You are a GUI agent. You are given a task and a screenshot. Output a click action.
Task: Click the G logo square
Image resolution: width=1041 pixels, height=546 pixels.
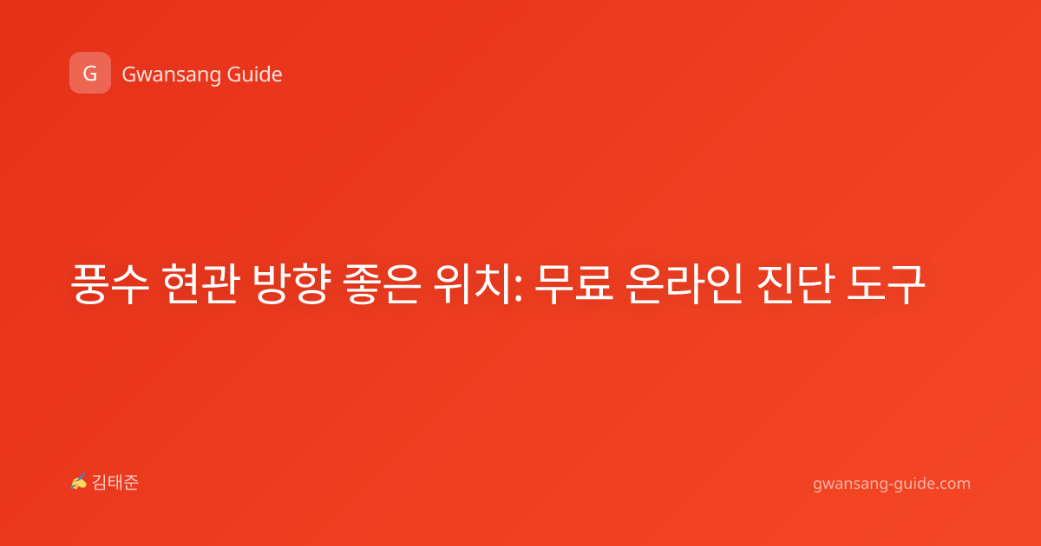90,73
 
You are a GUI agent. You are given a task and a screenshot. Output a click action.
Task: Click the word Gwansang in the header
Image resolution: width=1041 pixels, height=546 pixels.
171,75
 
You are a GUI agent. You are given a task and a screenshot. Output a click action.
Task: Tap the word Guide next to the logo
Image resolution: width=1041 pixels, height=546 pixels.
255,75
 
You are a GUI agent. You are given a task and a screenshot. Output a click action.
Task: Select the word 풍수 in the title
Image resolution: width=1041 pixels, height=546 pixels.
110,284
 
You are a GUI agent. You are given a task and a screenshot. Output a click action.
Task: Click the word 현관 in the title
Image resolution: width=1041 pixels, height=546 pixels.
200,284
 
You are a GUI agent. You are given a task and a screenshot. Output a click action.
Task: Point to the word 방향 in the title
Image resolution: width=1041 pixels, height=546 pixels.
291,284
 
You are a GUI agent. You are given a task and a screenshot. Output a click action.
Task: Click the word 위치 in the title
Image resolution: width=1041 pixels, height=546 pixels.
473,284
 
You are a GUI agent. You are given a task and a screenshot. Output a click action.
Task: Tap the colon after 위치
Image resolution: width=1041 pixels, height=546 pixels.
519,290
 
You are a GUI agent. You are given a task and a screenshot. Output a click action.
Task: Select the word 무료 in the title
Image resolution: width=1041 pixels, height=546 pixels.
574,284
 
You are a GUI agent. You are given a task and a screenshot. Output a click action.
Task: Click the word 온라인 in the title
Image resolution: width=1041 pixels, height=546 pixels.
684,284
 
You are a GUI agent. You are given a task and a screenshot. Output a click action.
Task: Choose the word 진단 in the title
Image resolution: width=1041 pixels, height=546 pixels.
795,284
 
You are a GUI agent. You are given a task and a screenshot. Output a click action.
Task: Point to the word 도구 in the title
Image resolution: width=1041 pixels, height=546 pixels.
886,284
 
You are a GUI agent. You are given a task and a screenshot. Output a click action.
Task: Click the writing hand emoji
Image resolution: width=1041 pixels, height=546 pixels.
79,483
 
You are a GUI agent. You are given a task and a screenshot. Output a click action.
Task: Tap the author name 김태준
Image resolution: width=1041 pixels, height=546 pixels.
115,483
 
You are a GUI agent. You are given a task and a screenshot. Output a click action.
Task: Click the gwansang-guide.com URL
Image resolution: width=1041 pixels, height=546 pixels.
892,484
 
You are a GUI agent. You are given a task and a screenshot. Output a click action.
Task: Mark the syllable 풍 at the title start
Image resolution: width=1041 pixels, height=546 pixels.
88,284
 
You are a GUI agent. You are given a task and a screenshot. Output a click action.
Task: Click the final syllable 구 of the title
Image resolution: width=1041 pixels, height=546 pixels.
907,284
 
